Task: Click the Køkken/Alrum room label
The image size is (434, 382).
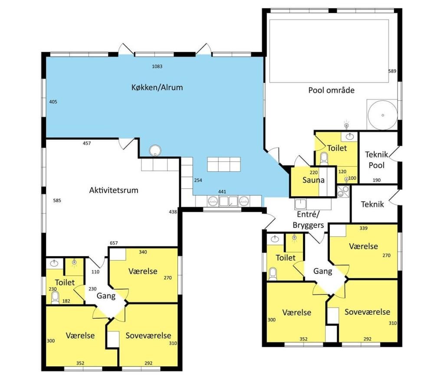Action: click(157, 88)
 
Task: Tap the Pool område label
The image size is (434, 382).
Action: click(331, 90)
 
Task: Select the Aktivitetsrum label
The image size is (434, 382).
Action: click(113, 190)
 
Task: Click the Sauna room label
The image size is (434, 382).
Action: click(313, 180)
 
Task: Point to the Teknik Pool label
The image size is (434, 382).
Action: click(376, 160)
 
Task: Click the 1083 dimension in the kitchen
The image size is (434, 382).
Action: click(157, 66)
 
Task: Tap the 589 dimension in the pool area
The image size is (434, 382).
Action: click(392, 71)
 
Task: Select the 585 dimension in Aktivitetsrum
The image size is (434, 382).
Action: click(57, 201)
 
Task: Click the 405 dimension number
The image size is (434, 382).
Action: click(53, 102)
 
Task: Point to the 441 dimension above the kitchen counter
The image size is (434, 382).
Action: click(222, 191)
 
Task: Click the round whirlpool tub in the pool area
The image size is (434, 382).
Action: click(382, 115)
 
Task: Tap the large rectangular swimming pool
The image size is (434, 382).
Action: click(329, 51)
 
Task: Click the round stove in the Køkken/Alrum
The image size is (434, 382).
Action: click(155, 150)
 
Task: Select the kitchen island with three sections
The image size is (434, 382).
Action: click(224, 165)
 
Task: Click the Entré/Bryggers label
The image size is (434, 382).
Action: click(308, 220)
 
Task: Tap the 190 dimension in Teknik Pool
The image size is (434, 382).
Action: click(376, 180)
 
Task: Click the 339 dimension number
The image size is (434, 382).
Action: click(363, 228)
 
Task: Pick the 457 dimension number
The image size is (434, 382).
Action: click(87, 143)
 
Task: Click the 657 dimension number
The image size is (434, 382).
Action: click(114, 243)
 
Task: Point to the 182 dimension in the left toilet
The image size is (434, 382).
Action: click(66, 301)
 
